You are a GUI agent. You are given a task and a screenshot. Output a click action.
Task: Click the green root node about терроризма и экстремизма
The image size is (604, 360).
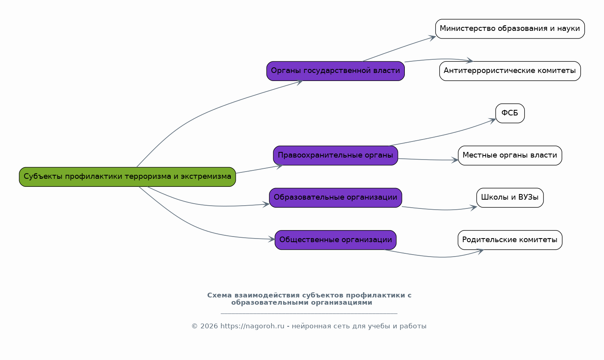127,177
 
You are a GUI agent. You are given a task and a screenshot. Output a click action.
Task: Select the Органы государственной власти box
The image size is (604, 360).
335,71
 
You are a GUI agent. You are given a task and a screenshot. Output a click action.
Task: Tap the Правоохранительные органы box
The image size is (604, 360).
335,156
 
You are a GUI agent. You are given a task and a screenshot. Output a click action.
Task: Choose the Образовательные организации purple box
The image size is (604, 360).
335,198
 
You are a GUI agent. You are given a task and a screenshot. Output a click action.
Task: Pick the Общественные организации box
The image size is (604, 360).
335,240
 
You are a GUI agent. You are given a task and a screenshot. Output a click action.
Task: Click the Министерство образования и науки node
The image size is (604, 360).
510,29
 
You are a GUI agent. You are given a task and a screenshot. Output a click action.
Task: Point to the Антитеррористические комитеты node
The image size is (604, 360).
510,71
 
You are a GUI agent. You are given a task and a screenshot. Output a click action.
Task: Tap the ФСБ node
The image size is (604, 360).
510,113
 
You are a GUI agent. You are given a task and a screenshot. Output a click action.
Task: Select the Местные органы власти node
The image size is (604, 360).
510,156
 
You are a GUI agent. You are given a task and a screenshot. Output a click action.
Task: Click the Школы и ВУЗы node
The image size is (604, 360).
510,198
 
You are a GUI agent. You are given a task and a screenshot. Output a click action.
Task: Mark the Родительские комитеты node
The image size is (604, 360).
510,240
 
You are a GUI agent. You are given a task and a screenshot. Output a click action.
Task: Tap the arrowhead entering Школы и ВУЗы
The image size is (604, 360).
474,207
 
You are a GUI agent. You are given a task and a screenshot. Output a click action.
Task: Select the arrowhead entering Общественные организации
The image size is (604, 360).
272,239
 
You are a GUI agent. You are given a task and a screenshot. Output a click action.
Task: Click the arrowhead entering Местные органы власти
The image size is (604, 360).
455,160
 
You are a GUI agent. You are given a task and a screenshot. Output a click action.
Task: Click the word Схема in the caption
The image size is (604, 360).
219,295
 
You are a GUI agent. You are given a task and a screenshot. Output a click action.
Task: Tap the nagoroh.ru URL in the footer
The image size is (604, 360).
252,326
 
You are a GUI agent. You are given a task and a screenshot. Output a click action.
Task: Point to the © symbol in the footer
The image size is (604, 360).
194,326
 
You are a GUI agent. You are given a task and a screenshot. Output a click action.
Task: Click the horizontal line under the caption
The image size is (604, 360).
309,313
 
